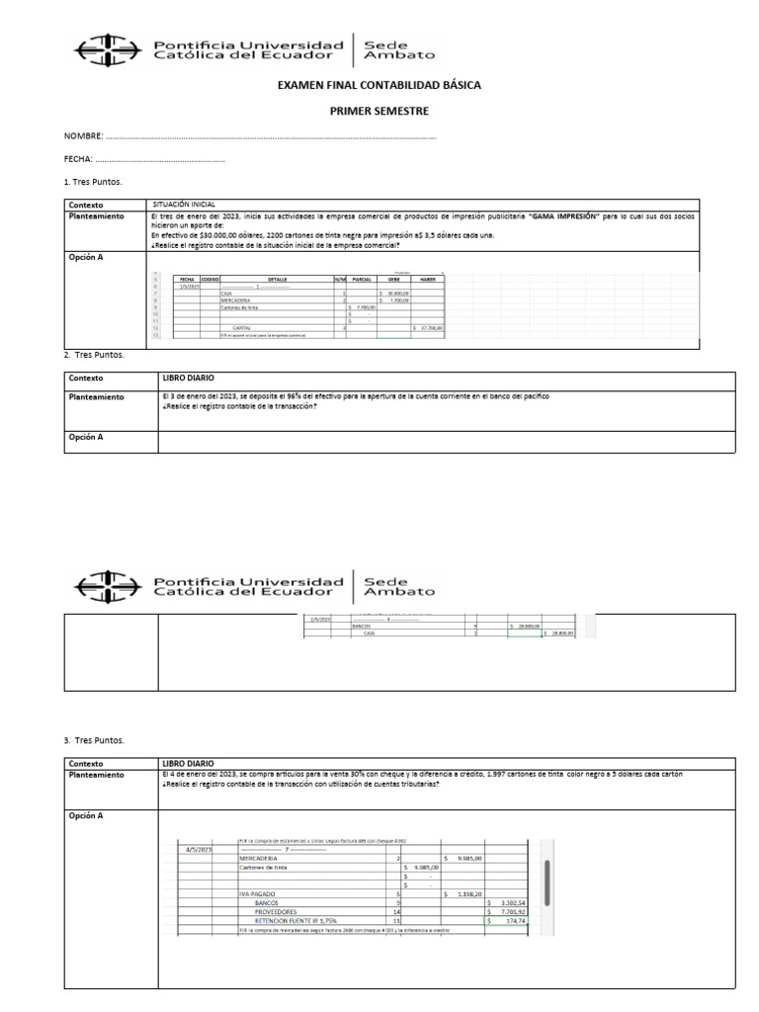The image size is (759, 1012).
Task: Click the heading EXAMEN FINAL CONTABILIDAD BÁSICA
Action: (x=379, y=86)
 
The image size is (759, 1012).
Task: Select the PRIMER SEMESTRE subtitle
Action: (x=379, y=112)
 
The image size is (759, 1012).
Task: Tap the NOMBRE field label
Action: (x=83, y=136)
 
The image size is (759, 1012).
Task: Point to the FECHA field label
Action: (x=78, y=159)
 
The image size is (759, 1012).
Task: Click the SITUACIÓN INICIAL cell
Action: (x=183, y=203)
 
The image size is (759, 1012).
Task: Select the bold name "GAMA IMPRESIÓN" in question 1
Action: (x=564, y=215)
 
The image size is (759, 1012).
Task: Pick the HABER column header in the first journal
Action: (x=427, y=280)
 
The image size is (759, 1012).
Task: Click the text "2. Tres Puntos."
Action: (x=94, y=356)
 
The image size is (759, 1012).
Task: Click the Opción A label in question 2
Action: (x=85, y=436)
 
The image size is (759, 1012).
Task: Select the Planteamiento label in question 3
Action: (x=96, y=775)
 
